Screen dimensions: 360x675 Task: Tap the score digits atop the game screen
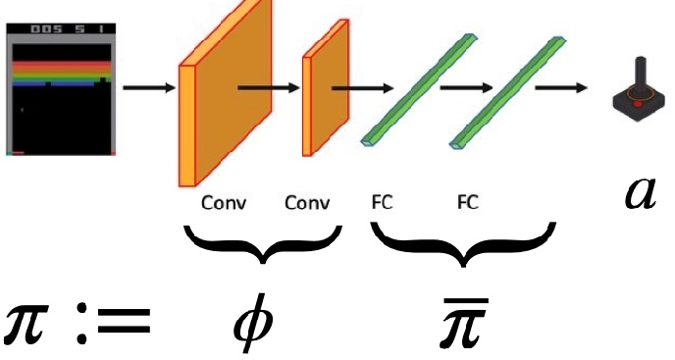coord(61,29)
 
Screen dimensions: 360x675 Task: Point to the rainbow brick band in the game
coord(61,73)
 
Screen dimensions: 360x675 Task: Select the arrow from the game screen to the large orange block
coord(148,89)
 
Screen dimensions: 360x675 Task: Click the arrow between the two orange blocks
coord(271,86)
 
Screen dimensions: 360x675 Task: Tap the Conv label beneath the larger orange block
coord(224,204)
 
